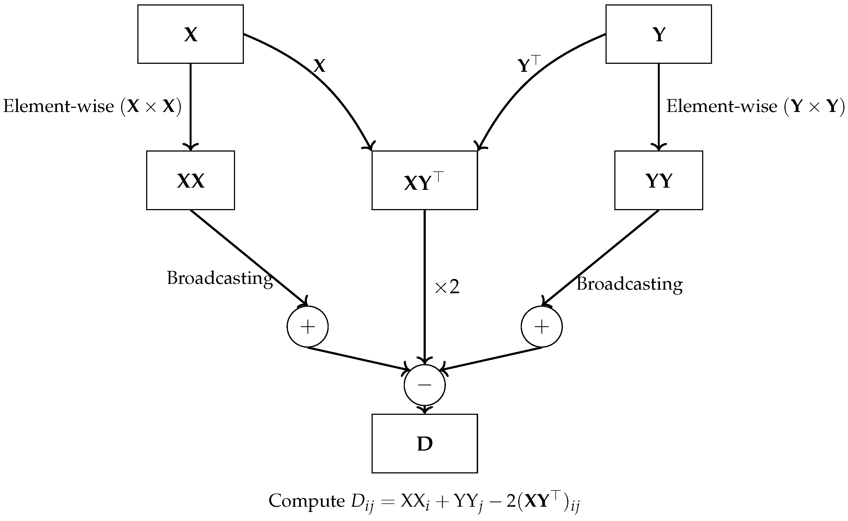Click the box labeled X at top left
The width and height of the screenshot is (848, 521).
pyautogui.click(x=190, y=34)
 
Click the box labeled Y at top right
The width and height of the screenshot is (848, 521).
pyautogui.click(x=658, y=34)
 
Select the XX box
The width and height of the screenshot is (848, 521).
pyautogui.click(x=190, y=180)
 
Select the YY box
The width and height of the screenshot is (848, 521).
pyautogui.click(x=658, y=180)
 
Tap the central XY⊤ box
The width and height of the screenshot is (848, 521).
pyautogui.click(x=424, y=180)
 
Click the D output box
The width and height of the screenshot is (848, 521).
pyautogui.click(x=424, y=443)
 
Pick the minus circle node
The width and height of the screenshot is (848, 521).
pyautogui.click(x=424, y=385)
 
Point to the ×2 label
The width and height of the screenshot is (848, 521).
pyautogui.click(x=447, y=287)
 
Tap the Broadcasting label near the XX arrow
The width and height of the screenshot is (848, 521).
pyautogui.click(x=220, y=278)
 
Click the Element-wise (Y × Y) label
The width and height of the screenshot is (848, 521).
pyautogui.click(x=755, y=106)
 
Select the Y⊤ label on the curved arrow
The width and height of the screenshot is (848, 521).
pyautogui.click(x=529, y=64)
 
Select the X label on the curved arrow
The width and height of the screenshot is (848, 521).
pyautogui.click(x=319, y=65)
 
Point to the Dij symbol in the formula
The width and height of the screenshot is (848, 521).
pyautogui.click(x=362, y=502)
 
